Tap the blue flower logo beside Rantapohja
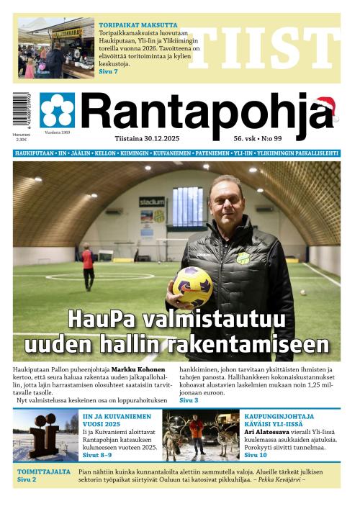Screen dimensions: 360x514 [x=57, y=110]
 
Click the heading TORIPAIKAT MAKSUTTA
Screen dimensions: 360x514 [x=138, y=25]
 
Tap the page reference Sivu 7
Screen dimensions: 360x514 [x=108, y=71]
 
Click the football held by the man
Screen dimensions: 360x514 [x=192, y=286]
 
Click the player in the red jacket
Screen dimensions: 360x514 [x=87, y=263]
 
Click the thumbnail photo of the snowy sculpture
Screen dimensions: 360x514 [x=45, y=436]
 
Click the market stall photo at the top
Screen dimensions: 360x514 [x=55, y=48]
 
